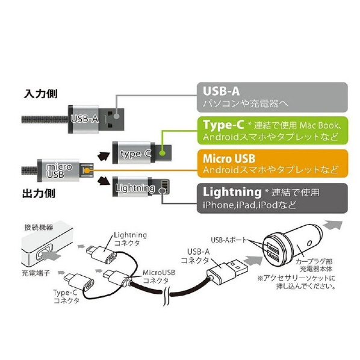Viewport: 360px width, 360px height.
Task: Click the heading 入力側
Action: [41, 94]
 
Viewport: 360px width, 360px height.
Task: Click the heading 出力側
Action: [39, 193]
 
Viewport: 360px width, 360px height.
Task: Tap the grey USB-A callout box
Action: [272, 98]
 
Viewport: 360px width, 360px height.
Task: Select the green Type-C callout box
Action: [273, 131]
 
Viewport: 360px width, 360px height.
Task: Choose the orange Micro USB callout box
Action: [273, 164]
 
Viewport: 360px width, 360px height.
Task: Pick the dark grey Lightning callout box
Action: [272, 198]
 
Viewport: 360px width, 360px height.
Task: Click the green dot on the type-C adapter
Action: [162, 152]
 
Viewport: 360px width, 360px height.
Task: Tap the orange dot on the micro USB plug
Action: [86, 170]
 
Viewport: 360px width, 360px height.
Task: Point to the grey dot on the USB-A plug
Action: [117, 116]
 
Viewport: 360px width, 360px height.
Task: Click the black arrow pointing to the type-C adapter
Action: [103, 155]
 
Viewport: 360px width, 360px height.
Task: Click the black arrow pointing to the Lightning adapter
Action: [104, 181]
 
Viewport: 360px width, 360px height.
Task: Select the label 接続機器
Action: [39, 228]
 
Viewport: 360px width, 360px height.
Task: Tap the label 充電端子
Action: [36, 273]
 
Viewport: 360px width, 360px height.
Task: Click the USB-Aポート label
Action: [229, 240]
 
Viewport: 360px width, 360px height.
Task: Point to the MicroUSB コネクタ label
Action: [159, 277]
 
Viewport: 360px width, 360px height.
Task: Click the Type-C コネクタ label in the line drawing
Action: [66, 296]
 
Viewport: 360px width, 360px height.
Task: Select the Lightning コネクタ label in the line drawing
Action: [130, 239]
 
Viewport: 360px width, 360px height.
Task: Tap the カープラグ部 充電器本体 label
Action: [314, 265]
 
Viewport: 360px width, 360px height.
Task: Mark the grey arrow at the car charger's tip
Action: [334, 224]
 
